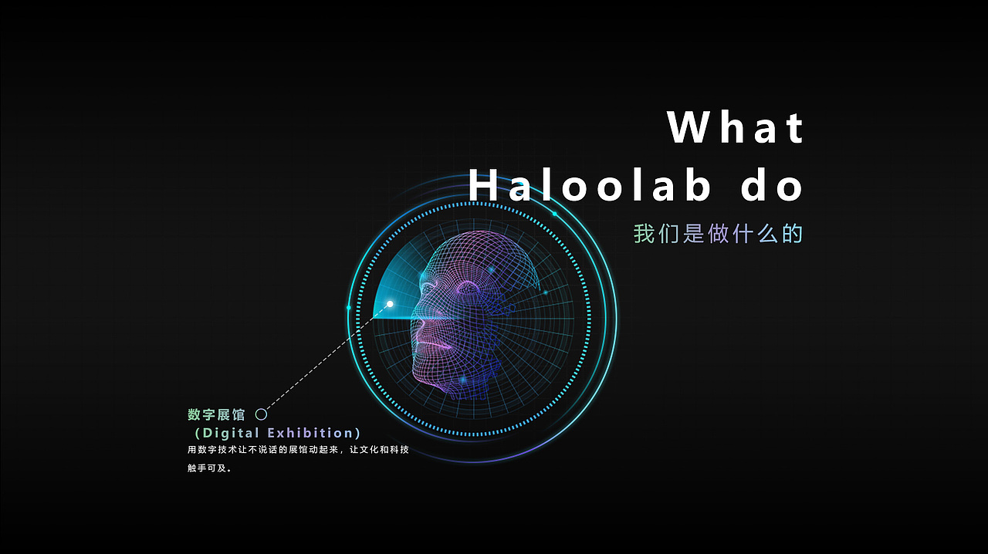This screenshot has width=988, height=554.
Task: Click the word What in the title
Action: pos(736,127)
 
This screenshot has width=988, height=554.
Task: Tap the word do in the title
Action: pos(773,186)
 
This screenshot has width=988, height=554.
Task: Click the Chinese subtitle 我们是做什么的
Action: pos(719,233)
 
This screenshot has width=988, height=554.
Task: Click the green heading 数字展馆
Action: pos(216,415)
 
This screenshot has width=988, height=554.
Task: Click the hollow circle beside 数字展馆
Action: pos(261,414)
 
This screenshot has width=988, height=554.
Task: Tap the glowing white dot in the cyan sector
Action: pos(390,304)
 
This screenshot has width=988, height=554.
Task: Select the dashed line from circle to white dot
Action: pos(324,360)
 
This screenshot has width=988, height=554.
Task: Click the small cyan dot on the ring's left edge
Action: pos(349,308)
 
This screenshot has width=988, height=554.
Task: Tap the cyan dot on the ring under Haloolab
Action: pos(554,214)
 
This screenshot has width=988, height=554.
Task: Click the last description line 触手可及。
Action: pos(209,468)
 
